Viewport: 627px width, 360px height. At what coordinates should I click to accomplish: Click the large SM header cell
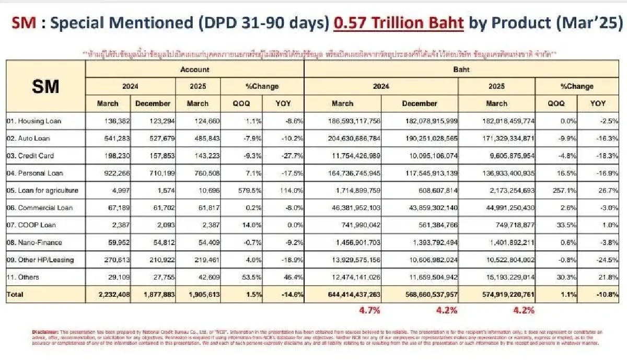tap(45, 86)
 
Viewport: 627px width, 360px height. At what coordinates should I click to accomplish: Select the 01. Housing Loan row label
tap(34, 121)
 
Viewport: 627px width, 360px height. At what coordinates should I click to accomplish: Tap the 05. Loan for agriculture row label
tap(42, 190)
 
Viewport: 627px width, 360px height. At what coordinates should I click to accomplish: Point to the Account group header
tap(194, 69)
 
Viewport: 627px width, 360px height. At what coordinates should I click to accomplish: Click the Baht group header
tap(465, 69)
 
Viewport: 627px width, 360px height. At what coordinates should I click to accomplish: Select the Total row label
tap(15, 295)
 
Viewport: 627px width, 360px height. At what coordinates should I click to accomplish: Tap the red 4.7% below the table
tap(369, 310)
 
